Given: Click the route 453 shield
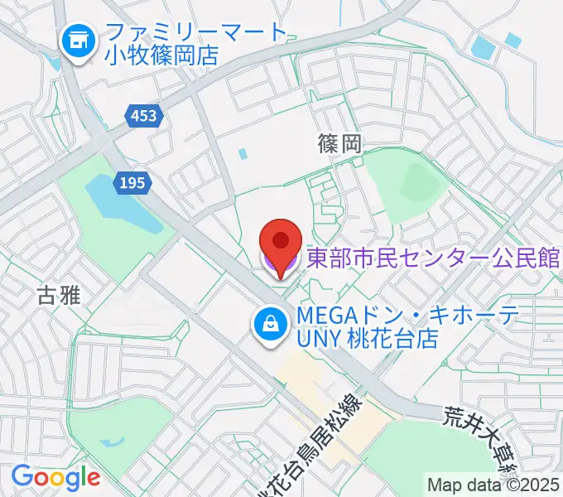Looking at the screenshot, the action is point(143,117).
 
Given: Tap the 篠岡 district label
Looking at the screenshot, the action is point(339,144).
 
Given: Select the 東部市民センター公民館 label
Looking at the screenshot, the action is point(433,258).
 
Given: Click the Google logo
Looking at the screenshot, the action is point(55,477).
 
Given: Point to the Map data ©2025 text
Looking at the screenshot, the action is point(493,485).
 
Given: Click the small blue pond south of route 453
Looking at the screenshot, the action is point(242,154).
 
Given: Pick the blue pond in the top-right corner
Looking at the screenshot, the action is point(484,47).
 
